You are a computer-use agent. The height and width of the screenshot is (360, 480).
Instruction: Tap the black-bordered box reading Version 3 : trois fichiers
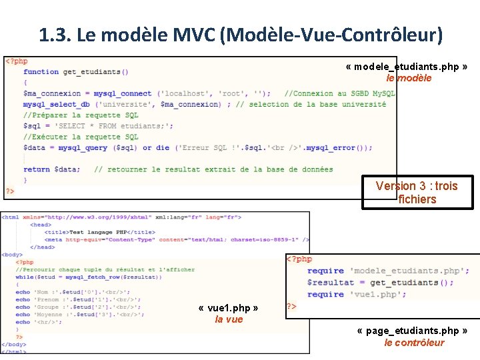(x=417, y=193)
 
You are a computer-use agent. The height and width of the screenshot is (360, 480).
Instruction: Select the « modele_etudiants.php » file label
(x=406, y=67)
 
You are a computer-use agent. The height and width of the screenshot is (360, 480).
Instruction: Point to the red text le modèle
(x=409, y=78)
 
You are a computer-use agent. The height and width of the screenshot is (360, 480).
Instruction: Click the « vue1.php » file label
(x=229, y=309)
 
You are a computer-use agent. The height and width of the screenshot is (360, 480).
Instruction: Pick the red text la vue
(x=229, y=320)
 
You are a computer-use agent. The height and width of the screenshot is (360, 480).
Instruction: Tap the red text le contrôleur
(x=414, y=343)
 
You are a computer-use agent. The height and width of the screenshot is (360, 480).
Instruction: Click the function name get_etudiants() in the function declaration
(x=95, y=72)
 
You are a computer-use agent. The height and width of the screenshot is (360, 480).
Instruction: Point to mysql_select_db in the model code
(x=57, y=104)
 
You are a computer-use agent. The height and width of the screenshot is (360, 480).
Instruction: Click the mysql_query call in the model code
(x=83, y=147)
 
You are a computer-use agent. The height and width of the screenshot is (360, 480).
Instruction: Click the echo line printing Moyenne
(x=80, y=315)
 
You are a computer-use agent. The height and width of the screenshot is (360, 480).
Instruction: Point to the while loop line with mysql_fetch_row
(x=89, y=277)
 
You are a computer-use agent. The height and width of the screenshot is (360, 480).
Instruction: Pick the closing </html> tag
(x=14, y=351)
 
